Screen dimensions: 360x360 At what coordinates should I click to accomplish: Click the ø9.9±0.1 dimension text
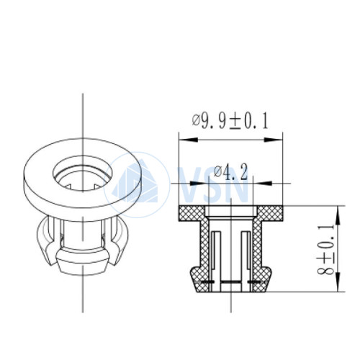click(230, 121)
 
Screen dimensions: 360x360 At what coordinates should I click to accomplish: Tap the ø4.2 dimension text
click(230, 172)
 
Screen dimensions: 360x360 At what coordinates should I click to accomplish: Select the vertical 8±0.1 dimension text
click(325, 250)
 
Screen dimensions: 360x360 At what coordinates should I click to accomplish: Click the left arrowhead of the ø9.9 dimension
click(189, 140)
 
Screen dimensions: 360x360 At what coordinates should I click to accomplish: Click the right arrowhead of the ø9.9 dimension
click(273, 140)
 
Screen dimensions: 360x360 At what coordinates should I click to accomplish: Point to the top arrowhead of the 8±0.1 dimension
click(338, 215)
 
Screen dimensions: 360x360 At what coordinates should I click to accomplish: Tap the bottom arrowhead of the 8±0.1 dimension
click(338, 282)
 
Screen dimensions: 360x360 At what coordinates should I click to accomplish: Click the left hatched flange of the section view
click(192, 213)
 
